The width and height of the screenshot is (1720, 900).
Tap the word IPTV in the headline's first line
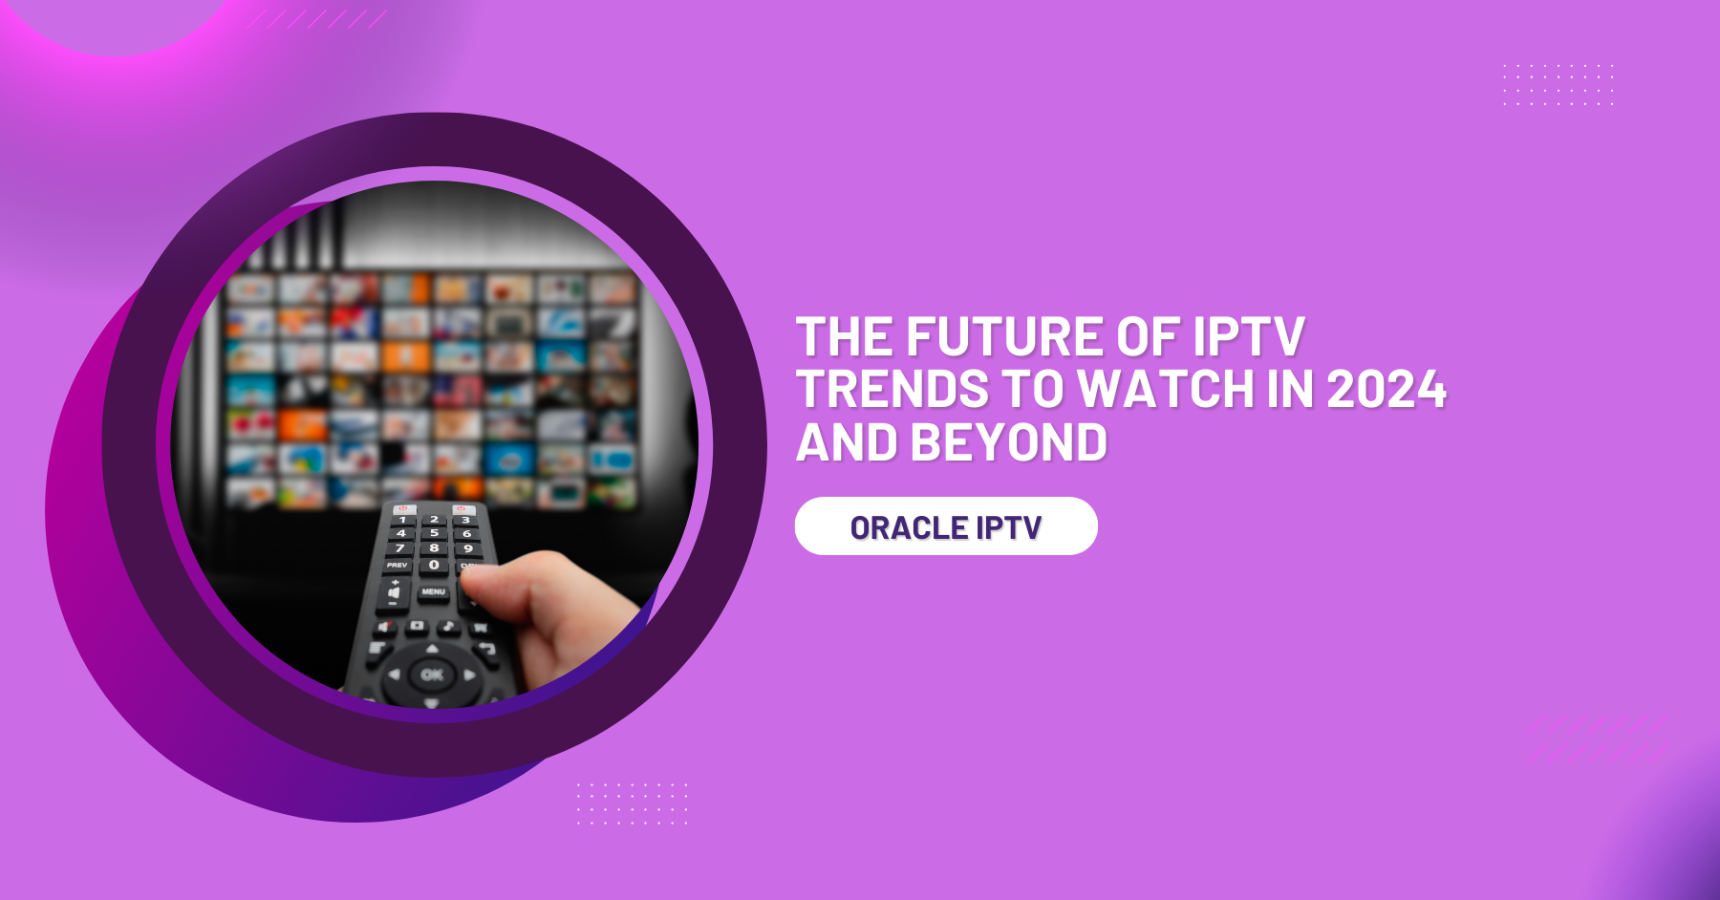(1248, 337)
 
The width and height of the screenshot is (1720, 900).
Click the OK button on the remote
(432, 675)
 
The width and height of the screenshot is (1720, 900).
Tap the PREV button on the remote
(397, 566)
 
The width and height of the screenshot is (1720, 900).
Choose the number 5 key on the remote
(434, 533)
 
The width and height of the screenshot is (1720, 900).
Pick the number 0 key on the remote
(434, 565)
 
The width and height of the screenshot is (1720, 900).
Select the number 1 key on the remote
(402, 520)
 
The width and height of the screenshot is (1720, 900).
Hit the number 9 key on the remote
(467, 548)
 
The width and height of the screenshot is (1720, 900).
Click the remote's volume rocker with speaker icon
(393, 592)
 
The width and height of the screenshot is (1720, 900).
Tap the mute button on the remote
(385, 627)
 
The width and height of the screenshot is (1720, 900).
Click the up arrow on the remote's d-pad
(432, 649)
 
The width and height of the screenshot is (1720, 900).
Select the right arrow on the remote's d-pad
(469, 675)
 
